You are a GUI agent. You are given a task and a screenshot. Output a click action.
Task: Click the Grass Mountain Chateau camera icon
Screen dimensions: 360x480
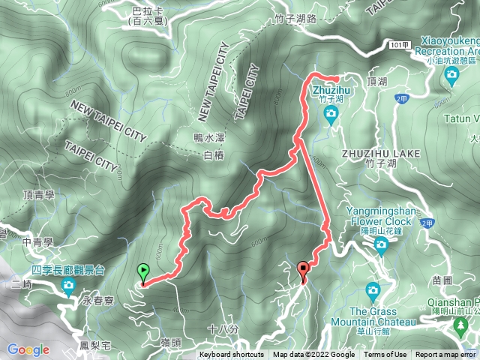coord(373,290)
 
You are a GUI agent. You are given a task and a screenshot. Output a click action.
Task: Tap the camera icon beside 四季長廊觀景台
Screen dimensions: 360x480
coord(68,285)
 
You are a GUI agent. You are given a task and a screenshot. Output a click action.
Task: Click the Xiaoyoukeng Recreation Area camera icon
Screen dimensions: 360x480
coord(451,74)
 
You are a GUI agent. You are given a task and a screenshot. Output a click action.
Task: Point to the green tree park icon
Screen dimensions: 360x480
coord(460,327)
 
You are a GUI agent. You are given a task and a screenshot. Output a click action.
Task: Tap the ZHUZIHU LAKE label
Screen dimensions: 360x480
coord(380,153)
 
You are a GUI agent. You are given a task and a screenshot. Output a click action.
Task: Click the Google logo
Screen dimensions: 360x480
coord(28,349)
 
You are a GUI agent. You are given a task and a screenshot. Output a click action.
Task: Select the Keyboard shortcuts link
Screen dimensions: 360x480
coord(232,355)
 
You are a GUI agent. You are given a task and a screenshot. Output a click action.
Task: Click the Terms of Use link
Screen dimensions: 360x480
coord(385,355)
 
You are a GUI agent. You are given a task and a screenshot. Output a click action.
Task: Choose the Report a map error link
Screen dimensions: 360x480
coord(446,355)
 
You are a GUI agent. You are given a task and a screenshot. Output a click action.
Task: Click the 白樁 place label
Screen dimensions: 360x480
coord(214,154)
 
